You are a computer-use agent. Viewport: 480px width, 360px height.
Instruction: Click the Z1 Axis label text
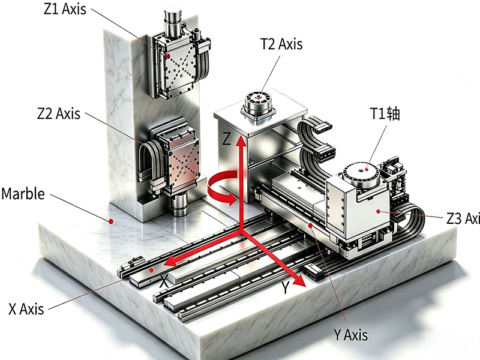[x=65, y=9]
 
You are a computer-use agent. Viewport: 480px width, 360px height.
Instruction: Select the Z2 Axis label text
[x=59, y=114]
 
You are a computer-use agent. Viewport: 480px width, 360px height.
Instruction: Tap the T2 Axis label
[x=281, y=44]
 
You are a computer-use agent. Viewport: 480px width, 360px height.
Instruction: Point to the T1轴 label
[x=385, y=113]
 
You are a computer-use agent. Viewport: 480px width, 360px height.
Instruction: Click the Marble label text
[x=23, y=194]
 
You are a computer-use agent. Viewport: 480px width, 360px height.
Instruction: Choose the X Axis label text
[x=26, y=308]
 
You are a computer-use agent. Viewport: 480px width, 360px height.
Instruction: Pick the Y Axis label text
[x=351, y=335]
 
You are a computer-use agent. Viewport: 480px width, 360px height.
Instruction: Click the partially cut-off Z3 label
[x=463, y=218]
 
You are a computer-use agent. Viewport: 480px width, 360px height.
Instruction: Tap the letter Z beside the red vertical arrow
[x=227, y=139]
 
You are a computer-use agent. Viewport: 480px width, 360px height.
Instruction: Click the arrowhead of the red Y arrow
[x=299, y=280]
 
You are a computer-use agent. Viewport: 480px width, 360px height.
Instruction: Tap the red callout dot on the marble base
[x=112, y=221]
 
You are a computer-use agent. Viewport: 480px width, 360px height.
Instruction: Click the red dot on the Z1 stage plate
[x=168, y=56]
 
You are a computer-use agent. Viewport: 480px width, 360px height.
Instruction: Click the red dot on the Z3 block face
[x=379, y=211]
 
